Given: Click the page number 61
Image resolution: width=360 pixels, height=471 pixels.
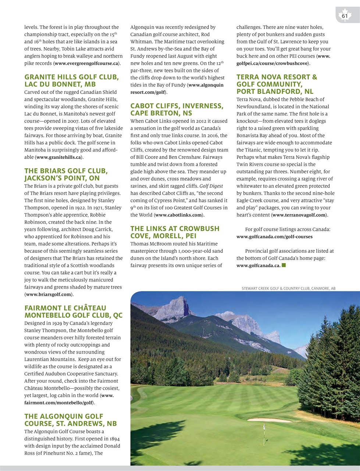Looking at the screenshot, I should coord(345,16).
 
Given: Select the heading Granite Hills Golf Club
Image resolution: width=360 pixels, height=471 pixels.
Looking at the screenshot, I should coord(71,77).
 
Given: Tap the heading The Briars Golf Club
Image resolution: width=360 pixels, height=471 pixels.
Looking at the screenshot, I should coord(66,171).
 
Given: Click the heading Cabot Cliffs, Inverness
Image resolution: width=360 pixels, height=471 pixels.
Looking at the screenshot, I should coord(177,106).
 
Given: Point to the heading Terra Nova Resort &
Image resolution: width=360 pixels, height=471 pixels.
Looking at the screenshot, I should coord(277,77).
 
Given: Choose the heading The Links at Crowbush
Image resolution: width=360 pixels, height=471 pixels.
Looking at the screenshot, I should coord(175,229).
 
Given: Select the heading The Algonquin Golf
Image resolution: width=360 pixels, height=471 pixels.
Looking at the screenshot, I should coord(64,416).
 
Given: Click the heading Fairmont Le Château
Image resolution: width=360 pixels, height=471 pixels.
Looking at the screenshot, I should coord(65,308).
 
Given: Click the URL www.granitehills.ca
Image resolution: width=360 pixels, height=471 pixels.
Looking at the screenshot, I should coord(58,157).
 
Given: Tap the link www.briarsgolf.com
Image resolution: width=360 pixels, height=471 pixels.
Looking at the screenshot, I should coord(48,294).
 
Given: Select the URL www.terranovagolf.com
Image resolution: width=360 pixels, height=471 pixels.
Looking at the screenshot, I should coord(299,215).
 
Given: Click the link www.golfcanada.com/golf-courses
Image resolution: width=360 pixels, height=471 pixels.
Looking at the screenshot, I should coord(274,237).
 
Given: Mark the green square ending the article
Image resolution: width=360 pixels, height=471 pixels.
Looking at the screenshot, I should coord(284,265).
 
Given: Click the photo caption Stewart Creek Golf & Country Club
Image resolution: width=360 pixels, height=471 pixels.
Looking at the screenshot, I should coord(288,288).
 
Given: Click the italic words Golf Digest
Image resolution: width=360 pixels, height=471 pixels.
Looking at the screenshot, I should coord(211,186).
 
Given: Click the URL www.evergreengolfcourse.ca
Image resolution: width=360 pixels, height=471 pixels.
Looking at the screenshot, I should coord(87,63).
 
